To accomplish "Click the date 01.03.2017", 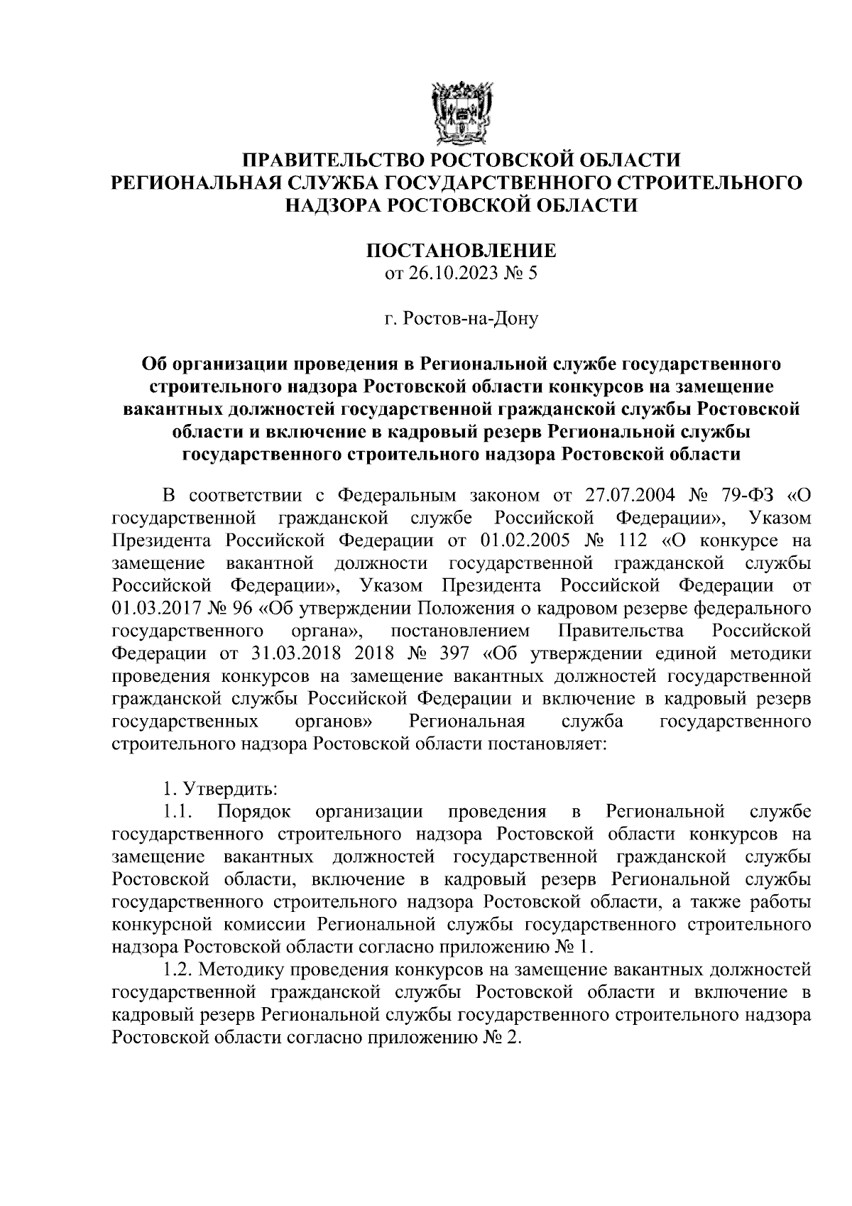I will coord(147,608).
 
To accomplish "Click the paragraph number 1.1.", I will coord(174,812).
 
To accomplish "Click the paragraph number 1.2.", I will coord(174,970).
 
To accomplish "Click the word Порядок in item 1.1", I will coord(253,812).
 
